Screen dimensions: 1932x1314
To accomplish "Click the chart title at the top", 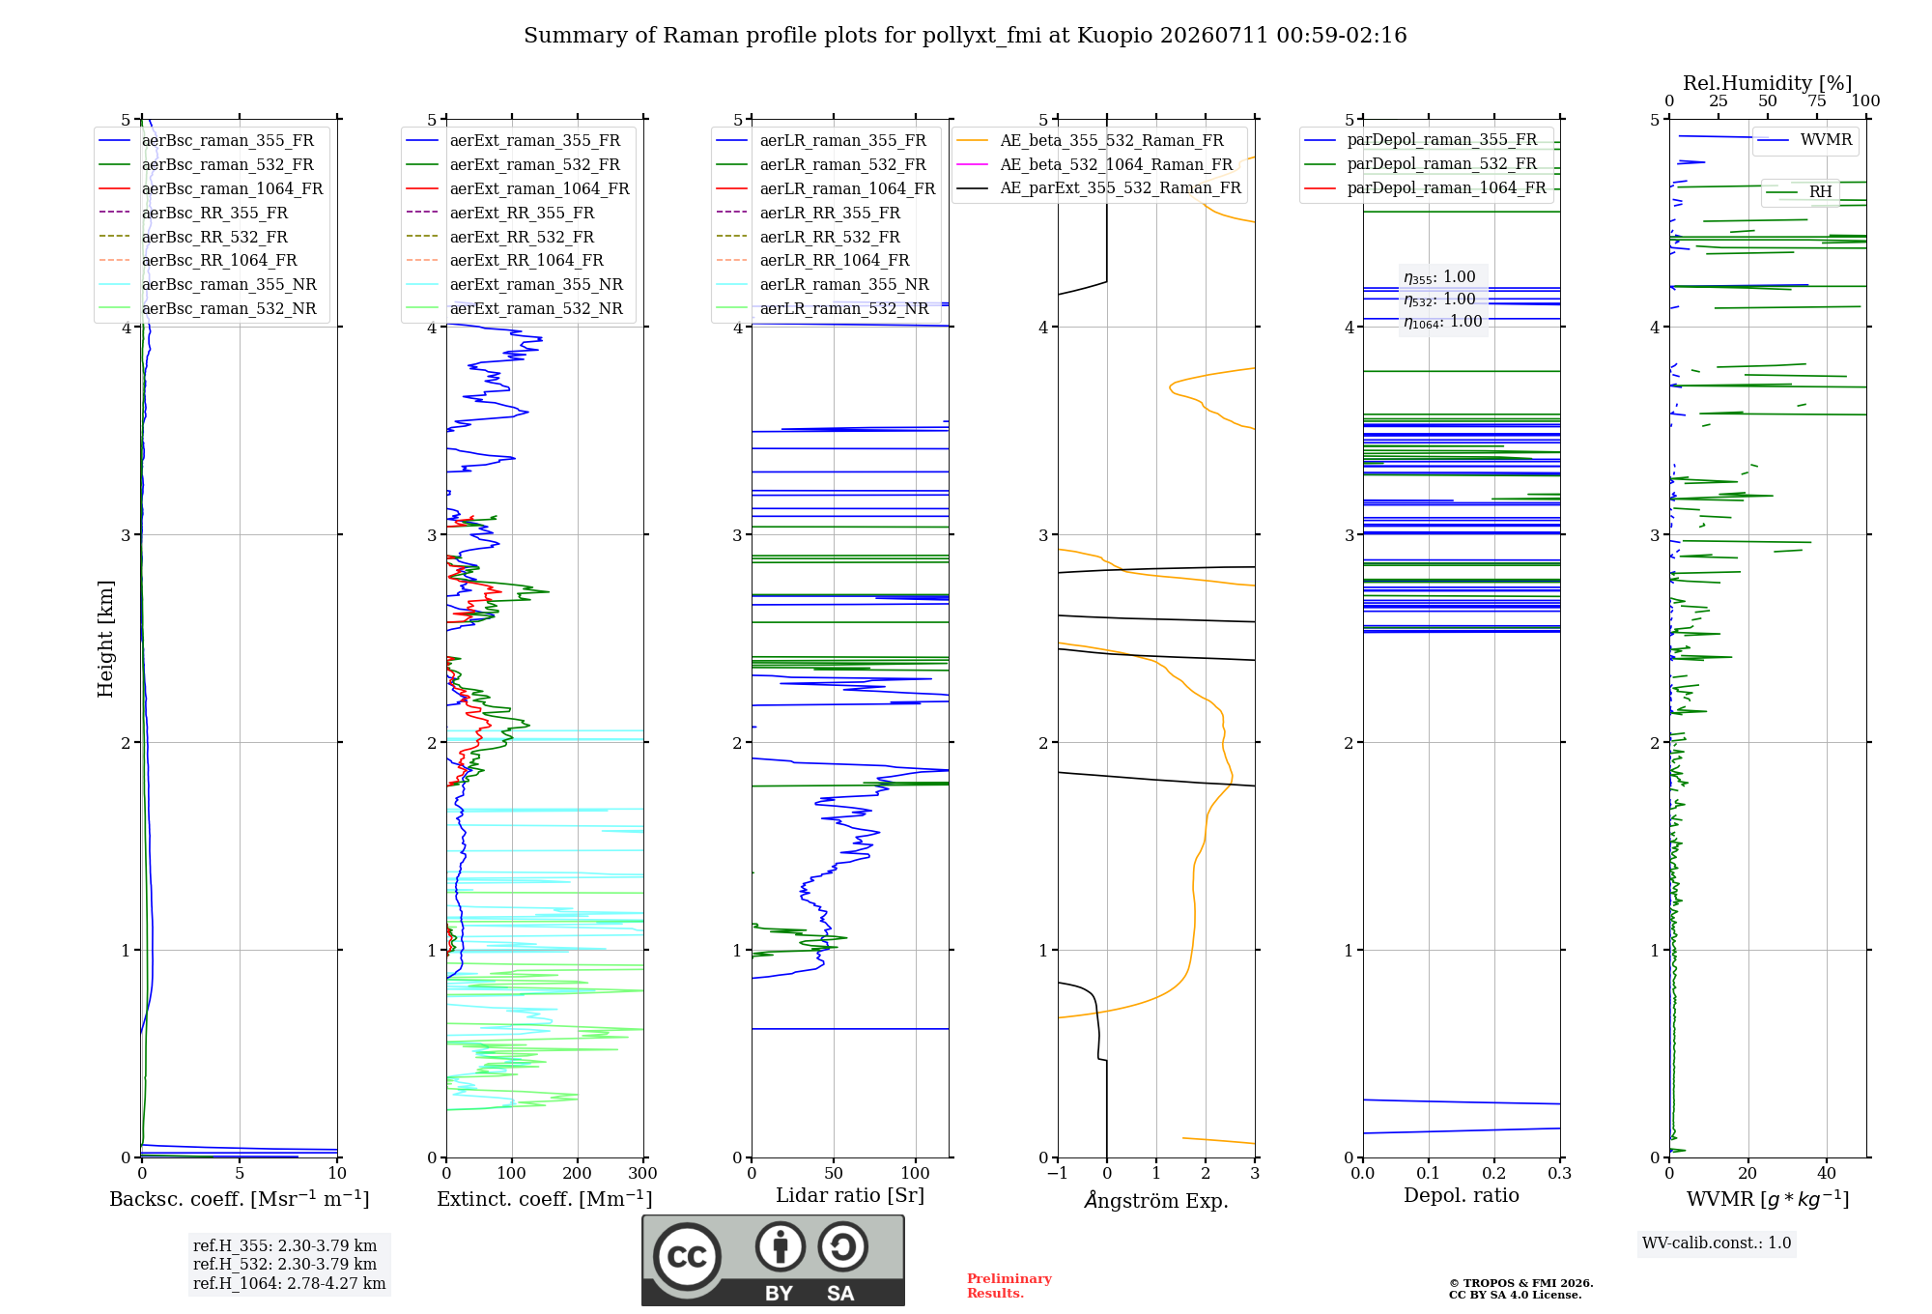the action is click(x=965, y=36).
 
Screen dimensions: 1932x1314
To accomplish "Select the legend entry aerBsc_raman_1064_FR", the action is click(x=211, y=188).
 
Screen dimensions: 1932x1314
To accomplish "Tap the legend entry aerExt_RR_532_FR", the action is click(x=499, y=237).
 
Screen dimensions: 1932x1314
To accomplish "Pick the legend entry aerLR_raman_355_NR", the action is click(x=822, y=284).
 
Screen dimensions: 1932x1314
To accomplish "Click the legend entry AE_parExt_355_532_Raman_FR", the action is click(x=1098, y=187).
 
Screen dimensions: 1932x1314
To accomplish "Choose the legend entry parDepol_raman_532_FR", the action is click(x=1420, y=163).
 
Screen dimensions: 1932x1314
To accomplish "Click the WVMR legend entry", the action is click(x=1804, y=140).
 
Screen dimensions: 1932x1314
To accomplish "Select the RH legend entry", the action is click(x=1799, y=191).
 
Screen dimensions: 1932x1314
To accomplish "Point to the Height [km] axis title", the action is click(x=105, y=639).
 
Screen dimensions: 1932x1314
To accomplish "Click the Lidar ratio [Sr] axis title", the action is click(x=850, y=1195).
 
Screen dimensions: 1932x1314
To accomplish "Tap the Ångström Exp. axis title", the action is click(x=1156, y=1200).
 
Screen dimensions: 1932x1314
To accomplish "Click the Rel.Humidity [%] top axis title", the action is click(x=1768, y=83).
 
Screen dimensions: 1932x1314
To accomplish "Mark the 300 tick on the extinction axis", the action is click(x=643, y=1173).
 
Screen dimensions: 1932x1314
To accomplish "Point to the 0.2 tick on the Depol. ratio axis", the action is click(x=1494, y=1173).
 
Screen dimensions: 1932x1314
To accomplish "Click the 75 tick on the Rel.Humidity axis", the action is click(x=1817, y=100).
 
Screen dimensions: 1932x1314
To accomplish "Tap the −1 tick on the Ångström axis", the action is click(x=1057, y=1173).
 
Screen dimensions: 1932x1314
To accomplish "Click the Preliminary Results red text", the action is click(x=1009, y=1286).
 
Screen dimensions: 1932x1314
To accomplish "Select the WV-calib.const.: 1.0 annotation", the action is click(x=1717, y=1243).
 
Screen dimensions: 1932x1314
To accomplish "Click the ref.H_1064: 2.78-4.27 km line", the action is click(x=289, y=1283).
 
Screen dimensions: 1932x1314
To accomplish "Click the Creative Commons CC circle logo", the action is click(x=687, y=1256).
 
